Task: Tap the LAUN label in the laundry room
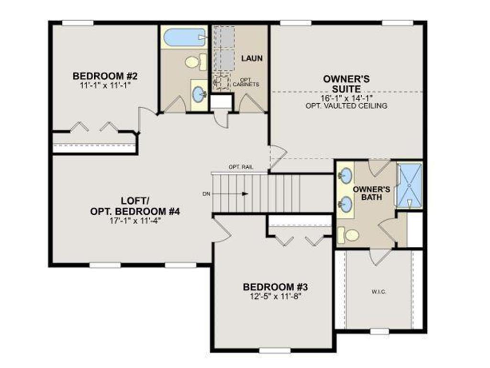[252, 58]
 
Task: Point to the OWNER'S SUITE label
[346, 84]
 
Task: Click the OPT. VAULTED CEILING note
[346, 106]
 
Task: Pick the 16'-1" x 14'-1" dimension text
[346, 98]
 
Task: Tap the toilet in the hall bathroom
[193, 62]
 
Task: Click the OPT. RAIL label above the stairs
[241, 167]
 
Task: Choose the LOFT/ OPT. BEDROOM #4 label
[134, 206]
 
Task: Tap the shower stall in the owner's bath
[410, 185]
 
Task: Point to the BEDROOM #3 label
[275, 287]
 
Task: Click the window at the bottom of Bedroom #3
[275, 350]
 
